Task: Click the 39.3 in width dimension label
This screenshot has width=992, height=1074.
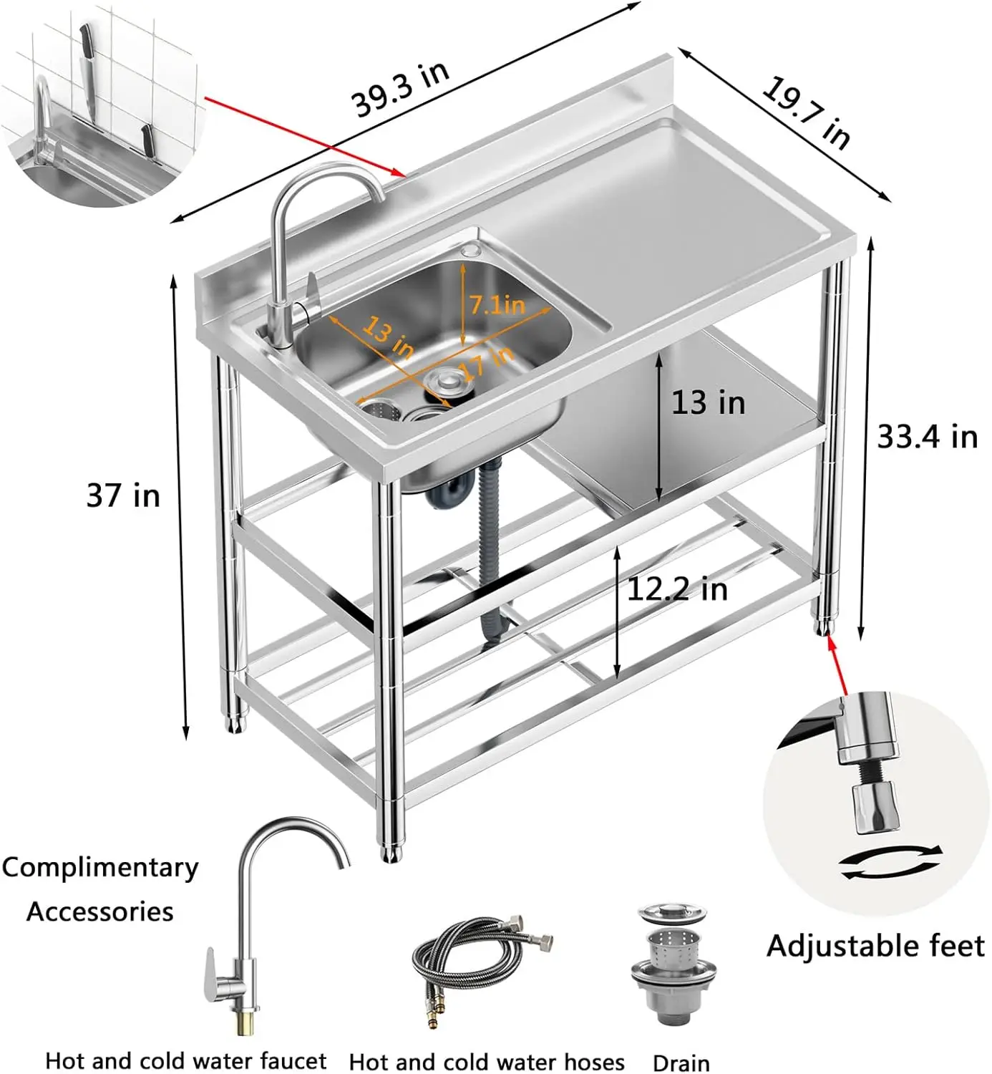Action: tap(401, 89)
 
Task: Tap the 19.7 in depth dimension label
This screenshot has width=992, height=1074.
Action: tap(806, 112)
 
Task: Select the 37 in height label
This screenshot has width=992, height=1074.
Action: tap(123, 495)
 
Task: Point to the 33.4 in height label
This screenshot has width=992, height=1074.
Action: tap(927, 435)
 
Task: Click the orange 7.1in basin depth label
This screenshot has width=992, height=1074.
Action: tap(497, 305)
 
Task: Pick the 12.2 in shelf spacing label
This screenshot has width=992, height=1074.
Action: tap(677, 589)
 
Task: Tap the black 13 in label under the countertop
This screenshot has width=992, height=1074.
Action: tap(708, 402)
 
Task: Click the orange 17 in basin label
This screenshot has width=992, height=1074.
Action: tap(487, 362)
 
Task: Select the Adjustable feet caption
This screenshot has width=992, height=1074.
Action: tap(875, 946)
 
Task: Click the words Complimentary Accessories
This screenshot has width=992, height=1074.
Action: tap(100, 889)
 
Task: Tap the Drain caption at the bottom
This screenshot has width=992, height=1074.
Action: tap(681, 1063)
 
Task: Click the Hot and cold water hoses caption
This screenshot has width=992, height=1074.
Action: tap(487, 1061)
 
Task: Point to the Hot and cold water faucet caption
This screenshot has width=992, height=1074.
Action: tap(185, 1060)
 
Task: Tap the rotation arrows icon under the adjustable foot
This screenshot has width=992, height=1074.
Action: tap(890, 862)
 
